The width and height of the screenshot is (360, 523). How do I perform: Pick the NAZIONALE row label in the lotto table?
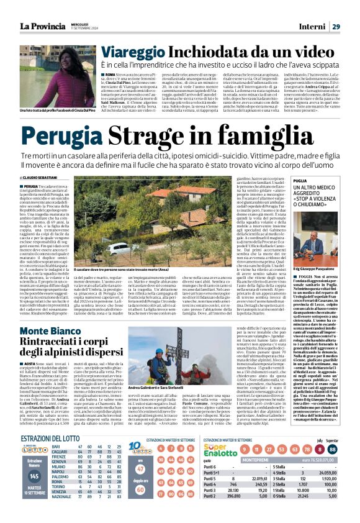pyautogui.click(x=61, y=513)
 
